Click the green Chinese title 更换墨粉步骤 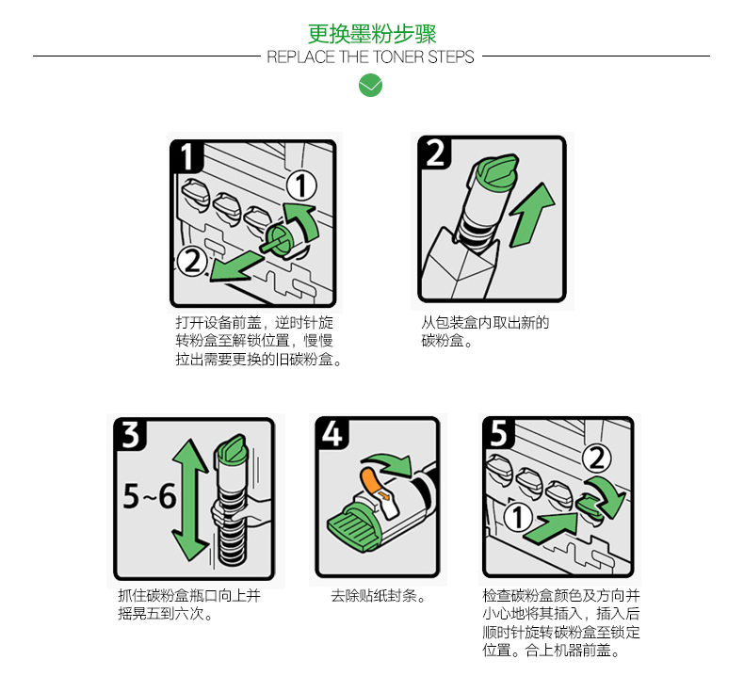point(371,33)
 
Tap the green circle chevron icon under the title point(370,86)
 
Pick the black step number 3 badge point(131,435)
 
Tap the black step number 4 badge point(332,433)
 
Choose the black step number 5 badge point(499,432)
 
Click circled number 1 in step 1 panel point(301,185)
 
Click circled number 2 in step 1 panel point(192,262)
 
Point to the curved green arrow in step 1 point(304,219)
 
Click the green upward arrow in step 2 point(531,215)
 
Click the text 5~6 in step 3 point(150,496)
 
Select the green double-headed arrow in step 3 point(190,500)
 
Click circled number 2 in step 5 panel point(597,459)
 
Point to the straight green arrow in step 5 point(551,527)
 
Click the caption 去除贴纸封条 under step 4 point(378,596)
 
